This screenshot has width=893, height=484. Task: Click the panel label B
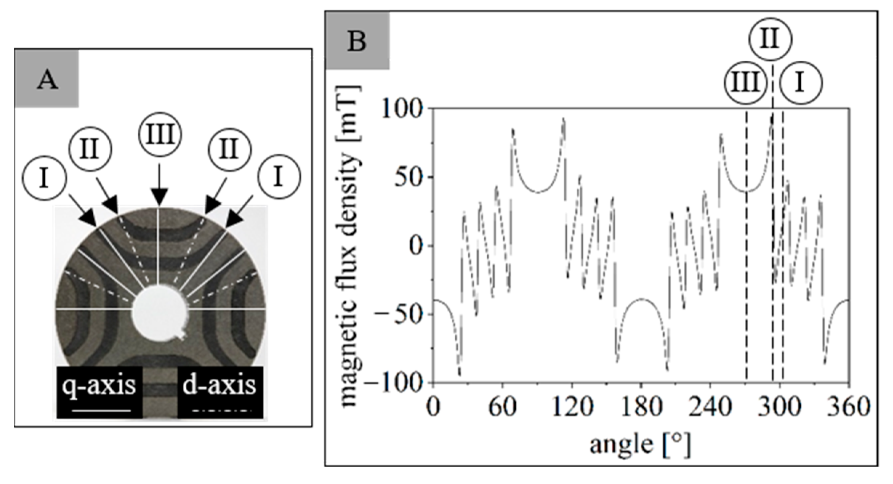357,41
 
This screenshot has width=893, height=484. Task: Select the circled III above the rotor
160,135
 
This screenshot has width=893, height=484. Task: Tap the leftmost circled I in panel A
44,178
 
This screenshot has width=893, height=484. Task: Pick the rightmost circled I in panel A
279,177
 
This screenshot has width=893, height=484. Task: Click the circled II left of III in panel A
90,149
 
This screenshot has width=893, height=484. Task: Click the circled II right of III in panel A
229,149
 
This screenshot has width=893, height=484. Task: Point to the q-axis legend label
99,386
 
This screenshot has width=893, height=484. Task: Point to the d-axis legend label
220,386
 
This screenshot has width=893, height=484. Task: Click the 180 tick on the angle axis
641,407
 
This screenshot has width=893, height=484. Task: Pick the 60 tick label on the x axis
502,407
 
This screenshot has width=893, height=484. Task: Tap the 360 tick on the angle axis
849,407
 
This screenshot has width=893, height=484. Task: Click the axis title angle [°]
640,444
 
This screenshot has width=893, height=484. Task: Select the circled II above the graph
770,39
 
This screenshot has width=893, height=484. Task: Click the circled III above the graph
745,83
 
